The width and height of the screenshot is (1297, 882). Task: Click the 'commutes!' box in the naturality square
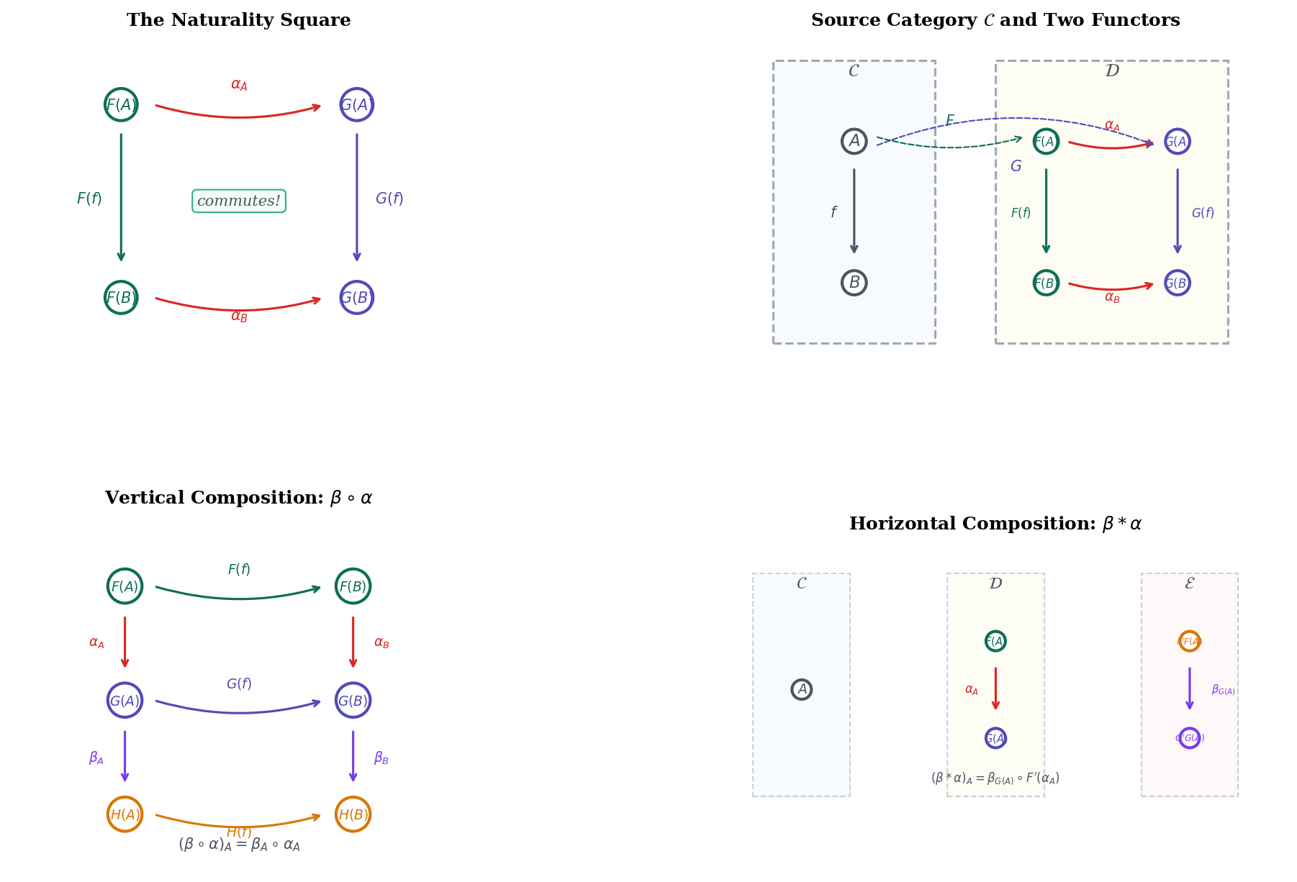click(x=239, y=201)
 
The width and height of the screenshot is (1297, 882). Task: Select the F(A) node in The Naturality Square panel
click(x=121, y=105)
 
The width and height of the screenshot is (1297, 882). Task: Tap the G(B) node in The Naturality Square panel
click(x=356, y=297)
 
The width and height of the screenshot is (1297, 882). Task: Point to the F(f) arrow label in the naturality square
click(x=89, y=199)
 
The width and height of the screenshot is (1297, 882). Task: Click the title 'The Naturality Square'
click(x=238, y=20)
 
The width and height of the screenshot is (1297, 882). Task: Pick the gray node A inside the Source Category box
click(x=854, y=141)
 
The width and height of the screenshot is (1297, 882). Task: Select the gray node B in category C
click(x=854, y=283)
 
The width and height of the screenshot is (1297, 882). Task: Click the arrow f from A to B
click(x=854, y=212)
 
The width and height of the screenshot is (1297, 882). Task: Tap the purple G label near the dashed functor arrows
click(x=1016, y=166)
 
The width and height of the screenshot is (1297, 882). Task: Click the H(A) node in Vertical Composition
click(x=125, y=814)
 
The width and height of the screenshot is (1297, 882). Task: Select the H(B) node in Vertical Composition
click(x=353, y=814)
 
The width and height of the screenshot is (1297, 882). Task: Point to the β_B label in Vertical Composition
click(x=381, y=758)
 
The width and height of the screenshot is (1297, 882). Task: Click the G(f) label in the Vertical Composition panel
click(x=239, y=683)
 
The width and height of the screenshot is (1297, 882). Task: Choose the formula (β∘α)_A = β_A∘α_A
click(x=239, y=845)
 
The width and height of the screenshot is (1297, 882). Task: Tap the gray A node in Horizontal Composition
click(x=801, y=689)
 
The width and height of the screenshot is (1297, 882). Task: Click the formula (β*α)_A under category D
click(x=995, y=778)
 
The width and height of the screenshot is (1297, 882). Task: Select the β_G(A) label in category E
click(x=1223, y=690)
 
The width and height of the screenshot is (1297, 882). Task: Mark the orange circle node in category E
click(x=1189, y=641)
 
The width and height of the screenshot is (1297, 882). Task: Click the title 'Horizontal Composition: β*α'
click(x=995, y=524)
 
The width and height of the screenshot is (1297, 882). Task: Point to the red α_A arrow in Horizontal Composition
click(x=995, y=688)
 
